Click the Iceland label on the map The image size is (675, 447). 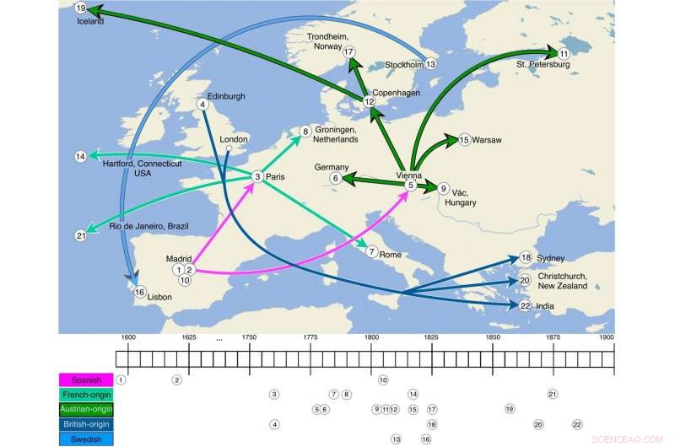(x=89, y=22)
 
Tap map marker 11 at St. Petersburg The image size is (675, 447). (x=564, y=53)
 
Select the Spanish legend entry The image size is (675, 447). (x=85, y=380)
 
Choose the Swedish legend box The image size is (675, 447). (x=85, y=438)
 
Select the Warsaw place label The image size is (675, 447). (x=488, y=139)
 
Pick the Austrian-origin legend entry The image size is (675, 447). (x=85, y=409)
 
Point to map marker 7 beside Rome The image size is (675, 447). (x=371, y=251)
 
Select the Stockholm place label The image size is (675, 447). (x=403, y=64)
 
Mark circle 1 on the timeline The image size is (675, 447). (x=121, y=380)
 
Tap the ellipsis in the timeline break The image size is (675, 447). (x=219, y=338)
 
